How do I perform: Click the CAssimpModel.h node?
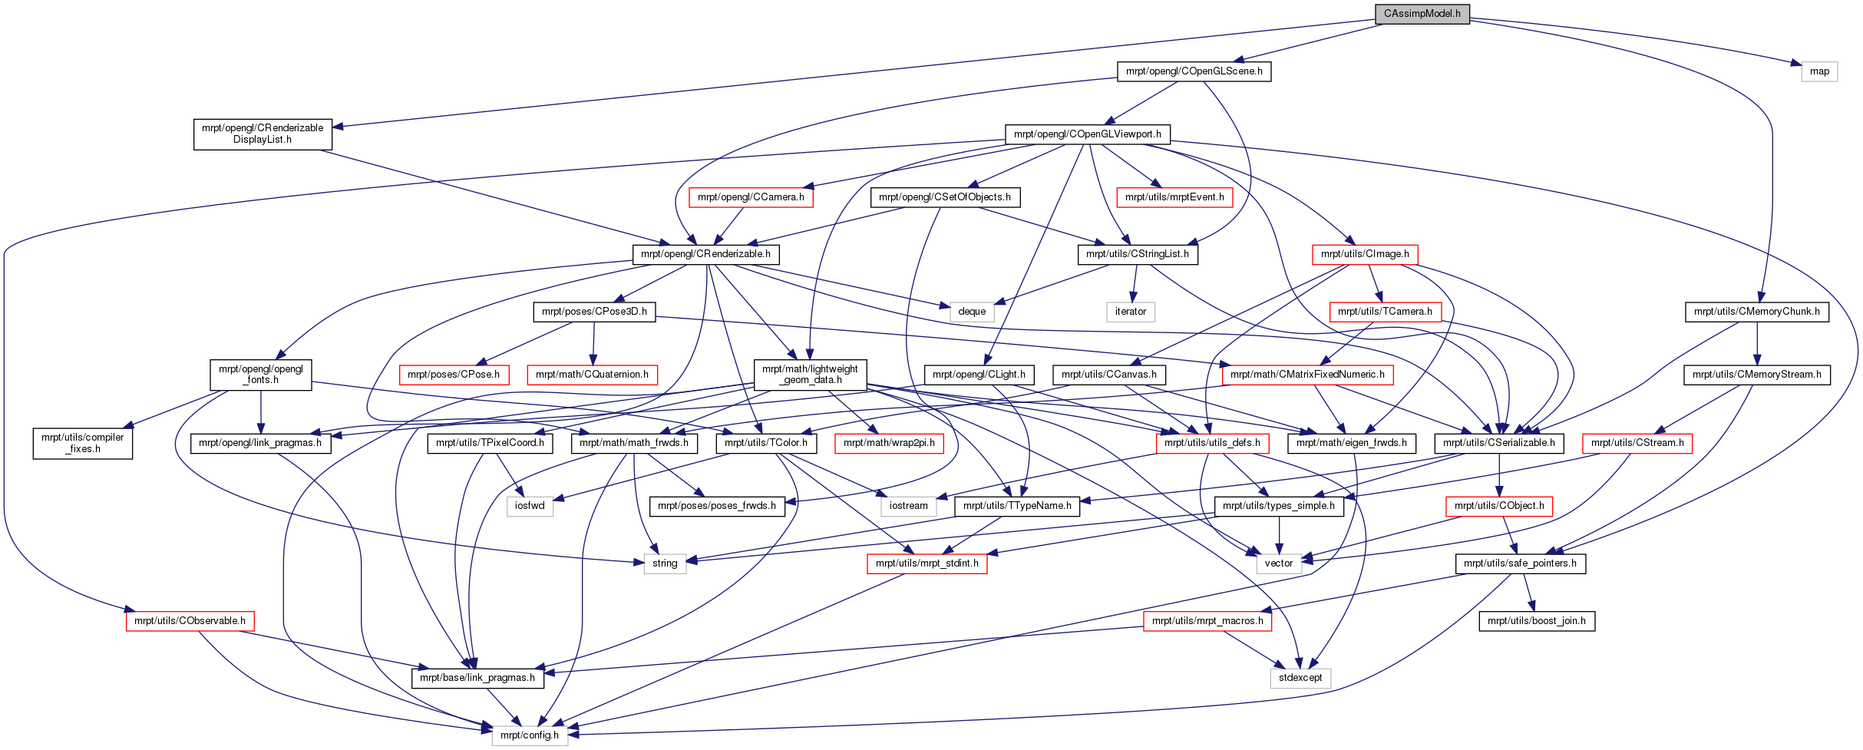1422,14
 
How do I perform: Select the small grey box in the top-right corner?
1818,71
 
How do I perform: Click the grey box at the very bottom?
530,735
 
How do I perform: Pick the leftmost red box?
190,621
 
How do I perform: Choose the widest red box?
1307,375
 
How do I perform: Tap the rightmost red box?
1637,444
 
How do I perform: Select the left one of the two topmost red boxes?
751,197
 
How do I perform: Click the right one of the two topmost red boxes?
1174,197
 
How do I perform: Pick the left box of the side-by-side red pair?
454,375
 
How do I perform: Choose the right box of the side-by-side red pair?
592,375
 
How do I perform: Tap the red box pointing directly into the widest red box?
1386,312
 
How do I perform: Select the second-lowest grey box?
1300,679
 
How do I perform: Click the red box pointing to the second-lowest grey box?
1207,621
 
